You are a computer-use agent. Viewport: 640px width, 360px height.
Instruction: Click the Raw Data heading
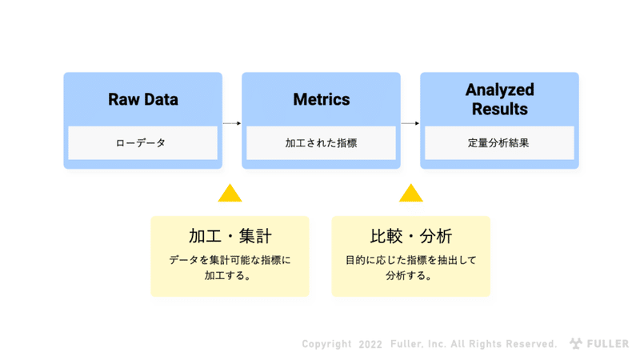[143, 99]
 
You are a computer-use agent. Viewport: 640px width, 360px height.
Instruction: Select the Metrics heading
[322, 99]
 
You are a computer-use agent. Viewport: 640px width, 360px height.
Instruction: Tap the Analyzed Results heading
[499, 99]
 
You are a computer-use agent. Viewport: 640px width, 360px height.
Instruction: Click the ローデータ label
[141, 143]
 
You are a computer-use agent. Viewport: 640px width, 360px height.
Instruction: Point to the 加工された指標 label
[322, 143]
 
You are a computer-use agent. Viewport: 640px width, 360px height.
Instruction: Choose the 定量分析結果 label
[498, 143]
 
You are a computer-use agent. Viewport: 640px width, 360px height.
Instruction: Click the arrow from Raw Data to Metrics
[232, 123]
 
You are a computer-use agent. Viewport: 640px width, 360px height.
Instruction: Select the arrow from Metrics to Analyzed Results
[410, 123]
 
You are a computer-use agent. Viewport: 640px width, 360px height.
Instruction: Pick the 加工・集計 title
[230, 236]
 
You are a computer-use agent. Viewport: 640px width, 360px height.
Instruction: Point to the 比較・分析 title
[411, 236]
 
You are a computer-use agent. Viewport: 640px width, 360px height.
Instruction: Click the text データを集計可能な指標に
[230, 260]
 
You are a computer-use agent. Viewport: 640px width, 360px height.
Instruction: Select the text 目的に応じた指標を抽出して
[411, 260]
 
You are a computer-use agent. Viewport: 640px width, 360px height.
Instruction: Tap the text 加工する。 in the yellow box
[228, 275]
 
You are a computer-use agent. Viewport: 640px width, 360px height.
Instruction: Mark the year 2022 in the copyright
[370, 345]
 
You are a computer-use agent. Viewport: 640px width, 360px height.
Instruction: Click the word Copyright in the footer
[327, 344]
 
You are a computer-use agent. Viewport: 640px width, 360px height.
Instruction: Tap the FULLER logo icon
[576, 344]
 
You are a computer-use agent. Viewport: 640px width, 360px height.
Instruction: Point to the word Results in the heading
[499, 109]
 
